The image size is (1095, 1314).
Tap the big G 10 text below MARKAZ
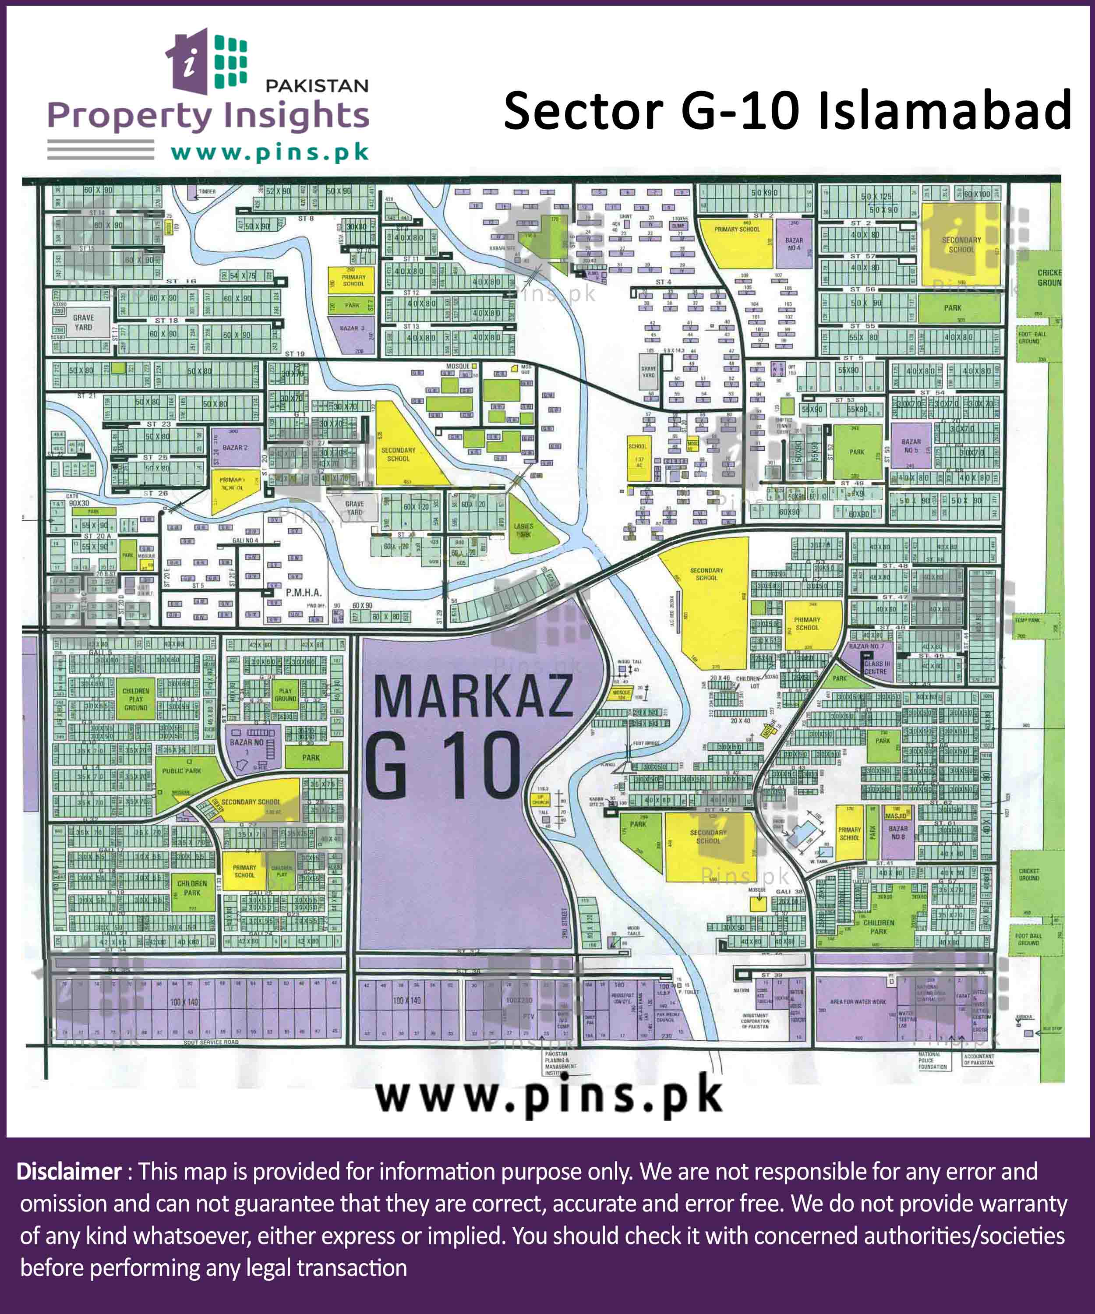pos(442,766)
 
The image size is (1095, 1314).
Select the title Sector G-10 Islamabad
pos(787,111)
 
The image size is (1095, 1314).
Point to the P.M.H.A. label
pos(304,592)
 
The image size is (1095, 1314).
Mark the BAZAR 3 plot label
pos(352,328)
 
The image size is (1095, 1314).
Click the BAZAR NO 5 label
pos(911,445)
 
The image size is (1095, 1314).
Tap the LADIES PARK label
pos(523,530)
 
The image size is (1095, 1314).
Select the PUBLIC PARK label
pos(181,771)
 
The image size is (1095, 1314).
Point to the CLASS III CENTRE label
pos(876,667)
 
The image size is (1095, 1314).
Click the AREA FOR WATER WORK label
pos(858,1002)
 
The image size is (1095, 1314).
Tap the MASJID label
pos(895,816)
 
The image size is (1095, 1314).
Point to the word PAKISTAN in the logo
pos(317,86)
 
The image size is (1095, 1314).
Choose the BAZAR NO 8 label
pos(898,832)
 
